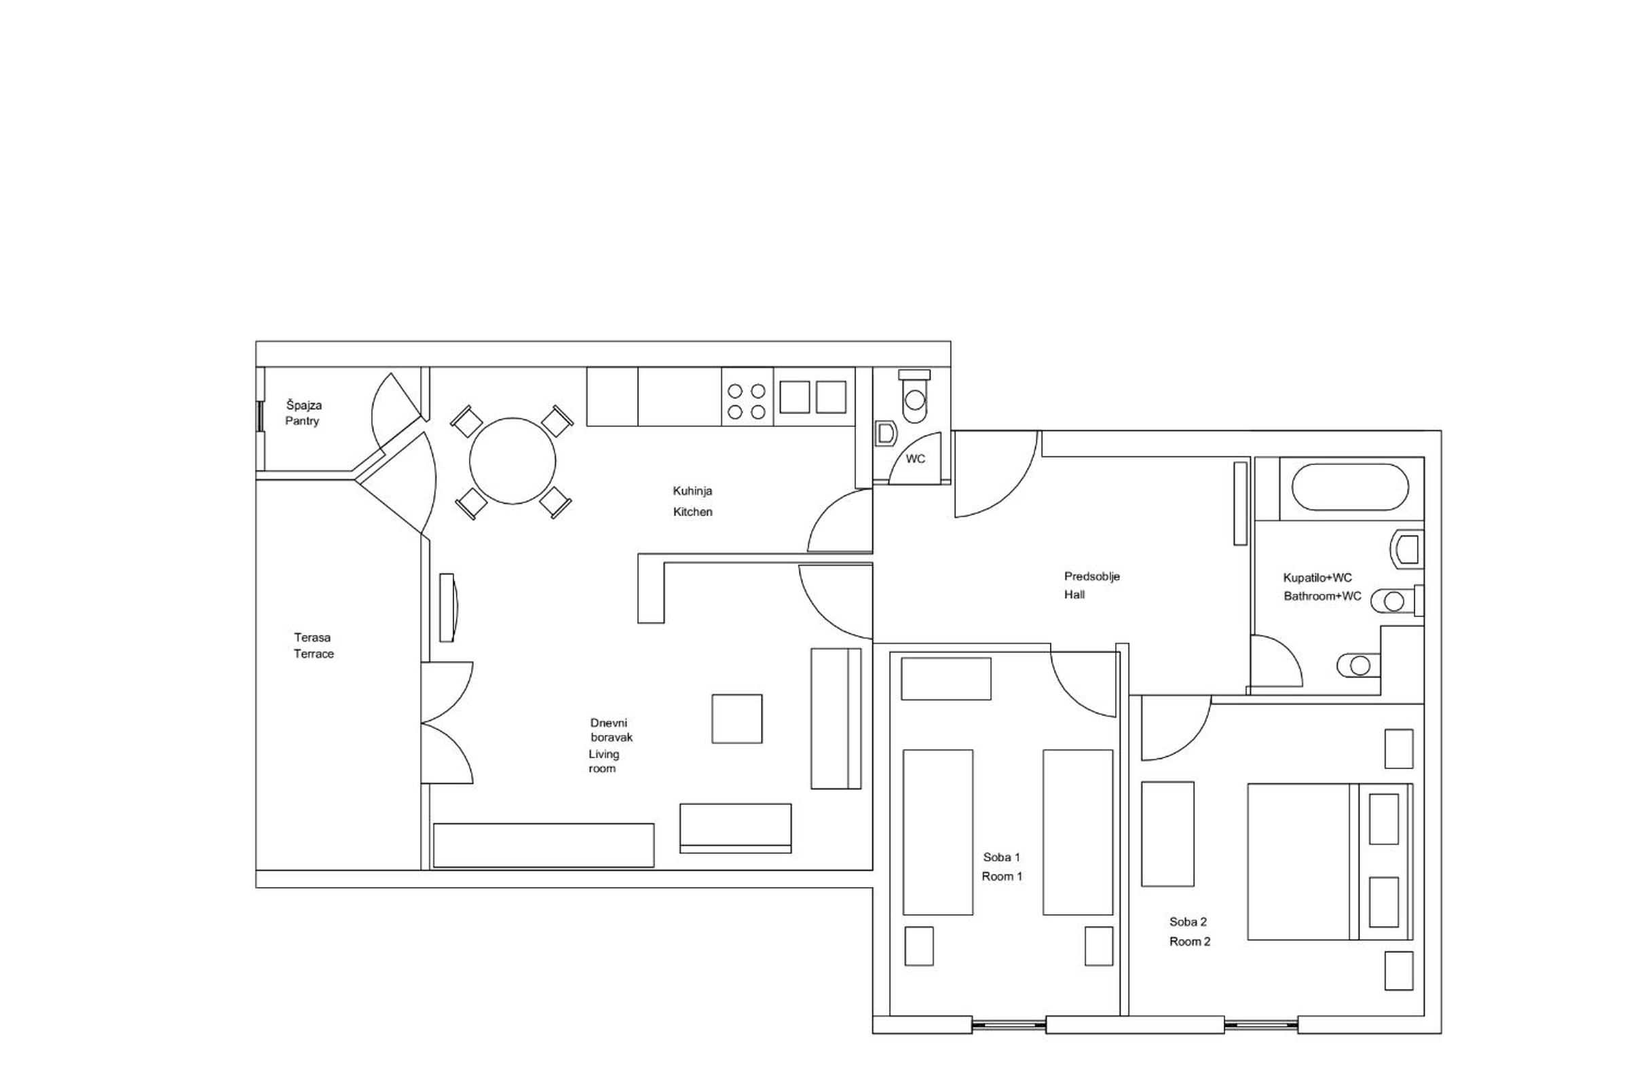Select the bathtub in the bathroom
[x=1350, y=487]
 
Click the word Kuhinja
[x=692, y=491]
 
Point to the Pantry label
[x=302, y=421]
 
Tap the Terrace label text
[x=314, y=654]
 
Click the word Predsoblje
[x=1092, y=576]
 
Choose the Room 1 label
[x=1003, y=876]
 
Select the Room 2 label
[x=1190, y=941]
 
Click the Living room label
[x=603, y=761]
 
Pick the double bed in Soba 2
[x=1330, y=861]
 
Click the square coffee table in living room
[x=737, y=719]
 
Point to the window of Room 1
[x=1009, y=1024]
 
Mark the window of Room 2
[x=1260, y=1024]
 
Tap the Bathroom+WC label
[x=1322, y=596]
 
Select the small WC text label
[x=915, y=460]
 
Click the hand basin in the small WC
[x=886, y=434]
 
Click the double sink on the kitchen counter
[x=813, y=397]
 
